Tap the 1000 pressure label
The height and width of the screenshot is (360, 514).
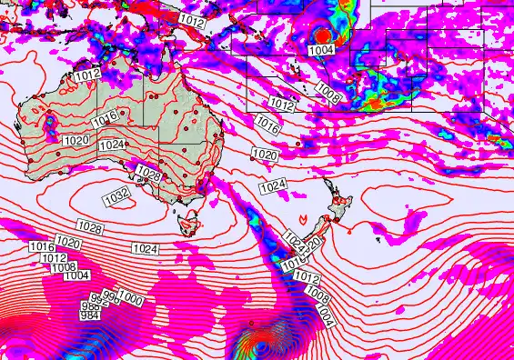pos(130,299)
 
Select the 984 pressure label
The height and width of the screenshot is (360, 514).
pos(89,315)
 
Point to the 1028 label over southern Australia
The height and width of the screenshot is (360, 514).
pos(148,175)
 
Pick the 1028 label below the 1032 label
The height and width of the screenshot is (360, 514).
pos(89,226)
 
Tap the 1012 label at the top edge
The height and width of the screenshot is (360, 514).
pos(192,19)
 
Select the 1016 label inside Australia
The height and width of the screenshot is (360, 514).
pos(106,117)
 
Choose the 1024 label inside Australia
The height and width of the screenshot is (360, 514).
pos(112,145)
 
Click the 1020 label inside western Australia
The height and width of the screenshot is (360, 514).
pos(76,140)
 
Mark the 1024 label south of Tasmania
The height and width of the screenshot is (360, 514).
pos(145,248)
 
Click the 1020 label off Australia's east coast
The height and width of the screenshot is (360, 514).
pos(265,155)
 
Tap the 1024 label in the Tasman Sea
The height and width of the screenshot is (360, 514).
pos(273,186)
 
